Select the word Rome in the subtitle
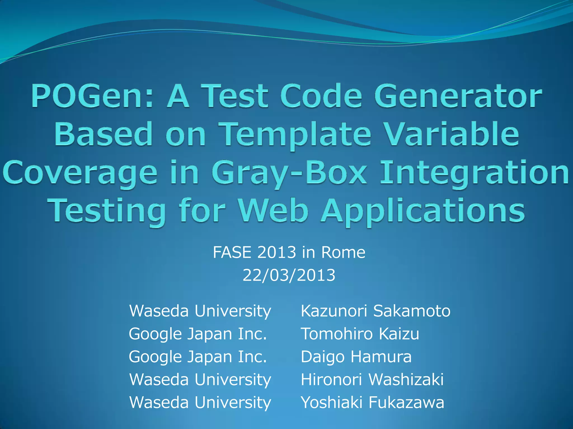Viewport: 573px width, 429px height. (343, 252)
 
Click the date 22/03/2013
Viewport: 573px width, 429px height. (289, 275)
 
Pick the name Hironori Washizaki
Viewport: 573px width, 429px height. (372, 380)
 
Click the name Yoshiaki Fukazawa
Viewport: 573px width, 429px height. (372, 402)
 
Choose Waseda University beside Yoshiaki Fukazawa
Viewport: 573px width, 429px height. (200, 402)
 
